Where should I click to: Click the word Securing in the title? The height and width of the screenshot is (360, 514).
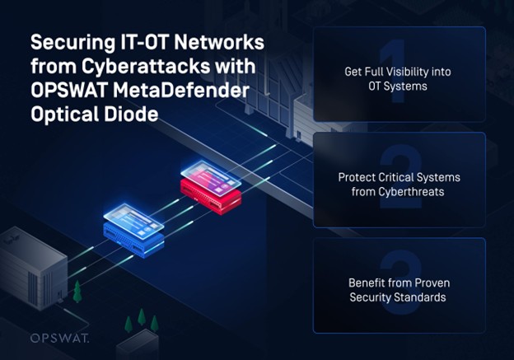point(71,43)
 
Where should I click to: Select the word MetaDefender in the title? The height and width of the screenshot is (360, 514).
point(181,90)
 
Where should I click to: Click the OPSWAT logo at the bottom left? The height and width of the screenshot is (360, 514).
point(59,338)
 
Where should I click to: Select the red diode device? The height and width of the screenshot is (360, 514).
point(211,198)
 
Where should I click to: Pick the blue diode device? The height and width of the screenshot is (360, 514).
point(133,240)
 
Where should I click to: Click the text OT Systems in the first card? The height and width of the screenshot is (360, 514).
point(398,86)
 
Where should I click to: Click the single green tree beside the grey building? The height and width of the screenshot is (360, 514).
point(77,292)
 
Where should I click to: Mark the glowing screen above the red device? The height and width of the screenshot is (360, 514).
point(211,178)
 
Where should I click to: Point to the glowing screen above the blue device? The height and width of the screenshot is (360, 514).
point(133,221)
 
